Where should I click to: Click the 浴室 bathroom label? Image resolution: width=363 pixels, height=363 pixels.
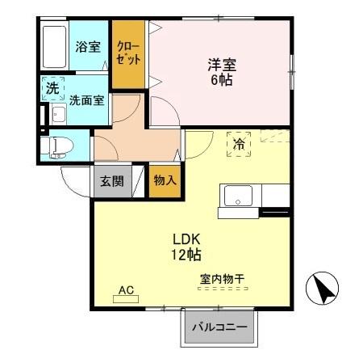88,47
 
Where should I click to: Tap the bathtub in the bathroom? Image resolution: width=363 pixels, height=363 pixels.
55,49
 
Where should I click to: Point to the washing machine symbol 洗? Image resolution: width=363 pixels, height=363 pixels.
52,89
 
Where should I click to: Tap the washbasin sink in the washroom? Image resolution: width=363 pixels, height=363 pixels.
58,115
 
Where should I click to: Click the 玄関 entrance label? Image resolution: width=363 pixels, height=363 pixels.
111,181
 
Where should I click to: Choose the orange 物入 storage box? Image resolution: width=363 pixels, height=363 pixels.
165,180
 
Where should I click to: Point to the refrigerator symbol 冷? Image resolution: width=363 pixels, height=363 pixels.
240,144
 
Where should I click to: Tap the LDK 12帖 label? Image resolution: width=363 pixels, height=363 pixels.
186,247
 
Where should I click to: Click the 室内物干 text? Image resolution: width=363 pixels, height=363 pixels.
221,280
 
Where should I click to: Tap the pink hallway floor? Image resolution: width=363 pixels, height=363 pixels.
133,137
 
